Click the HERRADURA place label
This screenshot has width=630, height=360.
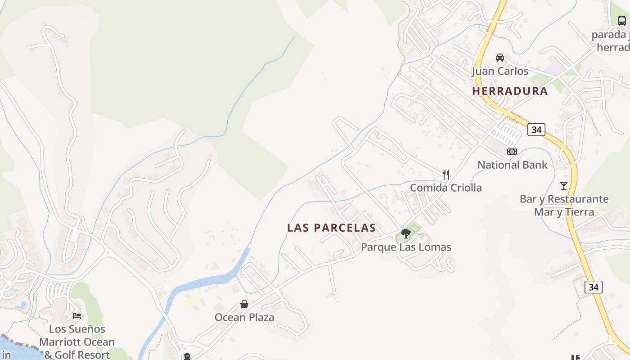click(510, 91)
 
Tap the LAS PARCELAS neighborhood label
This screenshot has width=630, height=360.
click(331, 228)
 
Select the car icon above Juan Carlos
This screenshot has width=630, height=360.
click(499, 58)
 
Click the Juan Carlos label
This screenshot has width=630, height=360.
click(499, 71)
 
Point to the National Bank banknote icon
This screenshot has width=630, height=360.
click(512, 152)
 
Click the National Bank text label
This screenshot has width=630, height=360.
click(512, 165)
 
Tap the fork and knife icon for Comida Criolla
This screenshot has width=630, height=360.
click(446, 174)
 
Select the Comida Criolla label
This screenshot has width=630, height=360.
click(445, 188)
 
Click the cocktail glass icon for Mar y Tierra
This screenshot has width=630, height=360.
click(563, 185)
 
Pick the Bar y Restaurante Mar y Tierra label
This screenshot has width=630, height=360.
click(564, 205)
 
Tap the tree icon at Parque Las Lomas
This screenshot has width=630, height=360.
click(406, 234)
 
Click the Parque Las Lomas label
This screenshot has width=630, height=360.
click(406, 247)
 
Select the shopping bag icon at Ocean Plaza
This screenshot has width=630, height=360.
click(244, 304)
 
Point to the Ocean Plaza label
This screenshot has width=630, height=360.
click(244, 317)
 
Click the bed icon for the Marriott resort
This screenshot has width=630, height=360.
click(77, 315)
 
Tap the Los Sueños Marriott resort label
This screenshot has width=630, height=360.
click(77, 342)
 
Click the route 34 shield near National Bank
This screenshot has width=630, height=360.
click(536, 130)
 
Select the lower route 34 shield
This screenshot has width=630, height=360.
click(593, 287)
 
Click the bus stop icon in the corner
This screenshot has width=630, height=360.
click(621, 21)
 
